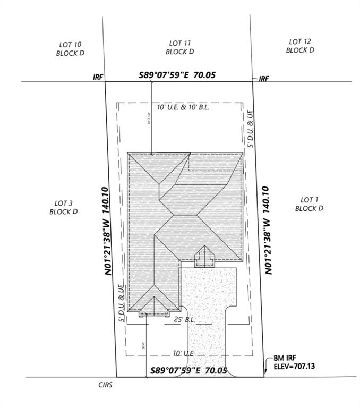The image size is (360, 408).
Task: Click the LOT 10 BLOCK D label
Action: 70,49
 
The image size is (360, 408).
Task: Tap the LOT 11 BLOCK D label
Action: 179,47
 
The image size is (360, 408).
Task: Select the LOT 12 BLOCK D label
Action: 300,46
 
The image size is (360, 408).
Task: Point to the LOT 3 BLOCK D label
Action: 64,207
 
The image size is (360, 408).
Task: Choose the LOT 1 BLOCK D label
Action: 309,204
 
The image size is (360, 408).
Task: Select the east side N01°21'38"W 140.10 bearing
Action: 268,229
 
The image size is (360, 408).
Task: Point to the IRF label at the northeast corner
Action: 264,79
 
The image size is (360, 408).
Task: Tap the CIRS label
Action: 106,384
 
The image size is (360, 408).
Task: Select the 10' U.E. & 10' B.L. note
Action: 183,107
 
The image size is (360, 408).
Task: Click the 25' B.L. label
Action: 185,319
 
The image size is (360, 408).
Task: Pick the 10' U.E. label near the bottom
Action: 182,353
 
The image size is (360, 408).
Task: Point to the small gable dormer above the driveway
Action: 204,257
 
